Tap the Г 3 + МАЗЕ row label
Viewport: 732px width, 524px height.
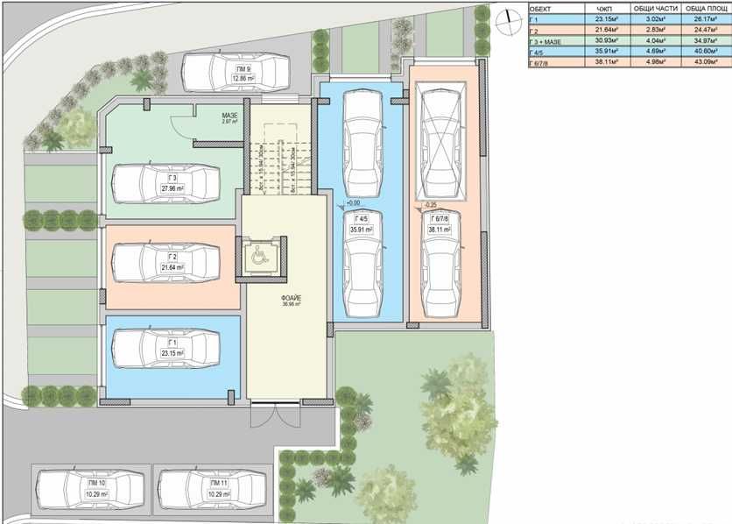[x=548, y=39]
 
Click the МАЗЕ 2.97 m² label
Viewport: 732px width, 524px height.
[x=229, y=117]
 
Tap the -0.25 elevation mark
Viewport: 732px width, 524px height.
[x=429, y=205]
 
